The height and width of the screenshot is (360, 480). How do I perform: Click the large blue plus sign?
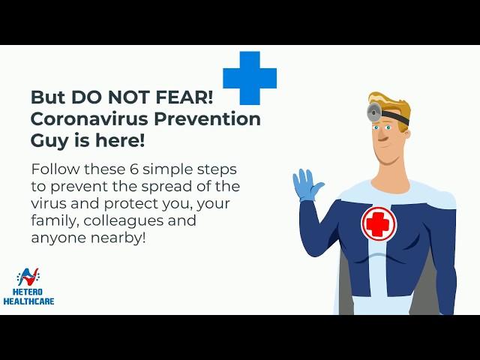point(250,78)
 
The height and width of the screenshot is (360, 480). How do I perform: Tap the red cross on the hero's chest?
point(379,223)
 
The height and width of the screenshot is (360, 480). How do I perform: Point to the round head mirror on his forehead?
point(374,112)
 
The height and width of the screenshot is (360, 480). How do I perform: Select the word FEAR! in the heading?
point(184,97)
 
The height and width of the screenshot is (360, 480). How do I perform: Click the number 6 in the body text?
point(134,169)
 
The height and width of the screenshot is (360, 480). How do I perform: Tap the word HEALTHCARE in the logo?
point(28,301)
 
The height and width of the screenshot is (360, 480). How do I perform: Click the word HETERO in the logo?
point(28,292)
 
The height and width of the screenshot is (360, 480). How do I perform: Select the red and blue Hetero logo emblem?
point(28,277)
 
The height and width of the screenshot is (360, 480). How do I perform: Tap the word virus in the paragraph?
point(49,204)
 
